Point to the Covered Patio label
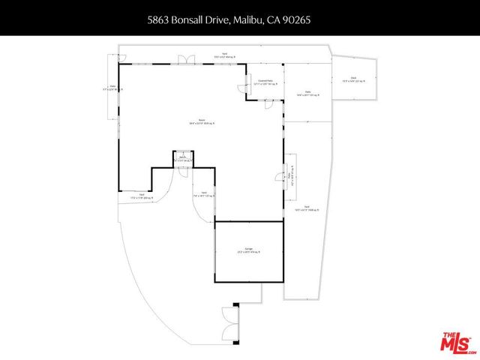265,82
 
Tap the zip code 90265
295,22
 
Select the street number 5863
158,22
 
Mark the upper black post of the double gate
235,304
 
